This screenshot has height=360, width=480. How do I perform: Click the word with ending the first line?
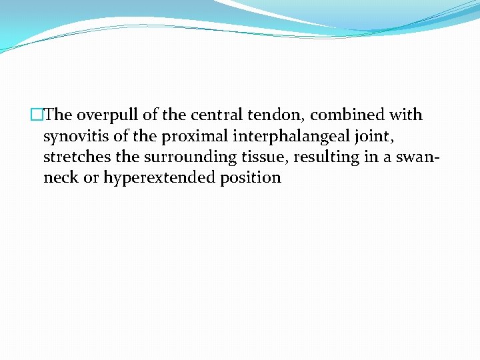pos(406,115)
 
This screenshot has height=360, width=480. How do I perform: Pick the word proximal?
pos(190,137)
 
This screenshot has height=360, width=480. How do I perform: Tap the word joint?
pos(364,137)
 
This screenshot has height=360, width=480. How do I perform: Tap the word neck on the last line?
pos(60,179)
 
